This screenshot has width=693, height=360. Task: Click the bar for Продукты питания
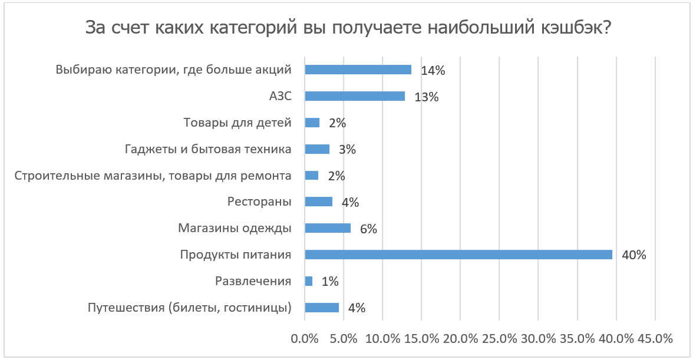pyautogui.click(x=458, y=255)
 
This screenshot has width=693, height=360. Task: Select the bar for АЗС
pyautogui.click(x=355, y=96)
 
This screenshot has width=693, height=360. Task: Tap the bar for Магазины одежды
pyautogui.click(x=328, y=228)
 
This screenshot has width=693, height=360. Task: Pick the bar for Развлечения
pyautogui.click(x=309, y=281)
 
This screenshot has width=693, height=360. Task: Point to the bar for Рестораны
pyautogui.click(x=319, y=202)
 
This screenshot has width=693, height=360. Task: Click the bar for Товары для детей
pyautogui.click(x=312, y=123)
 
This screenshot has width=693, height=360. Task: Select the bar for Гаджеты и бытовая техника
pyautogui.click(x=317, y=149)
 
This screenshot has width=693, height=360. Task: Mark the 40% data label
pyautogui.click(x=634, y=256)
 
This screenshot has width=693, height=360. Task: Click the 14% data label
pyautogui.click(x=433, y=71)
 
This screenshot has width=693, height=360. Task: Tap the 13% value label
pyautogui.click(x=426, y=97)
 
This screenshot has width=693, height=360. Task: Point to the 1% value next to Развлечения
pyautogui.click(x=330, y=282)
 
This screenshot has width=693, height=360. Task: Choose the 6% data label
pyautogui.click(x=368, y=229)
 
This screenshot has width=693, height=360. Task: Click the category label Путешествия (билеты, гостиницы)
pyautogui.click(x=190, y=308)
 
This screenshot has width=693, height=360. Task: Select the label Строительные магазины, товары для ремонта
pyautogui.click(x=153, y=176)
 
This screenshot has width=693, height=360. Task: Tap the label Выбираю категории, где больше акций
pyautogui.click(x=174, y=70)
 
